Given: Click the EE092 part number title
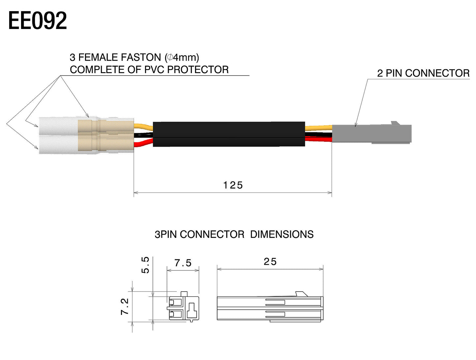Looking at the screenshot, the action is [x=38, y=21].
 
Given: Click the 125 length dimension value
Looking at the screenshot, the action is [x=233, y=185].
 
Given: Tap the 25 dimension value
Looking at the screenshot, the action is [x=270, y=262].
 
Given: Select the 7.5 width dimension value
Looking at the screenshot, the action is [x=183, y=263].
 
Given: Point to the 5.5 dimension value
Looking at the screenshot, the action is [x=145, y=265].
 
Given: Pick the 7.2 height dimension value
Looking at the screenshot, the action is [x=125, y=306].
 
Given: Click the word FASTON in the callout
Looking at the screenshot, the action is [x=141, y=57].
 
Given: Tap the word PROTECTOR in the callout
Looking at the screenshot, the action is [x=198, y=70].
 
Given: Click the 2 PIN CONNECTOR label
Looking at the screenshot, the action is [x=423, y=73].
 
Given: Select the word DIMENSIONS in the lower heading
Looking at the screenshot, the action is [x=282, y=234].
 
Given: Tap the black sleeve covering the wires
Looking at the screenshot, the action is [x=229, y=134].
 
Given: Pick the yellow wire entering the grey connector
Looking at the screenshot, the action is [x=319, y=128].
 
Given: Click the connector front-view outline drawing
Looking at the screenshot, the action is [x=183, y=306].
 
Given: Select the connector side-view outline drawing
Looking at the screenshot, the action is [x=270, y=307].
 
